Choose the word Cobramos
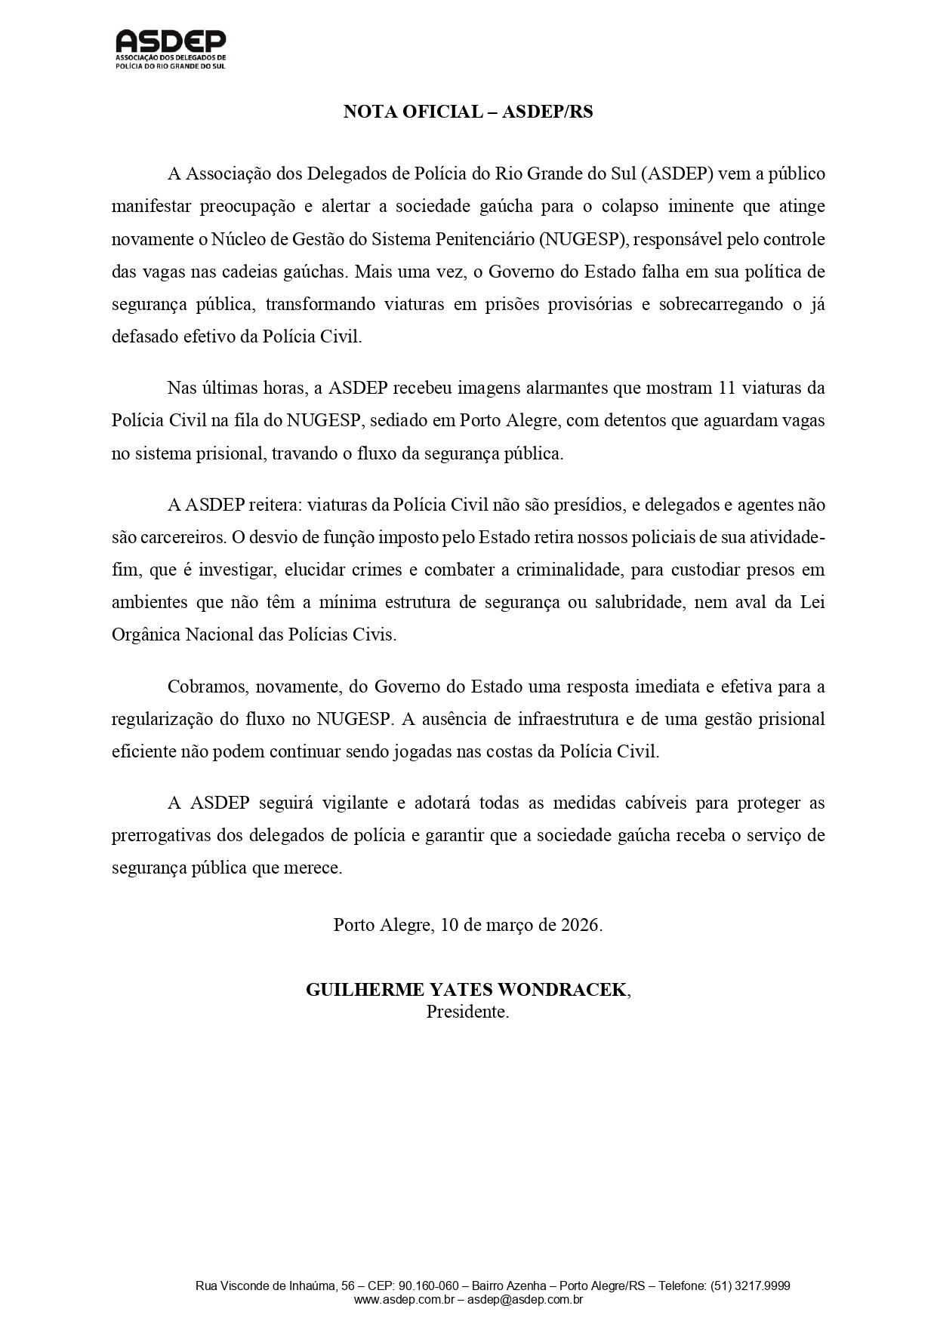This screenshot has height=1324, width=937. pos(207,687)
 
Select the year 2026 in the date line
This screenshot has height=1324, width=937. pos(580,926)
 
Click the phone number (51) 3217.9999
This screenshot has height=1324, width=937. pos(751,1286)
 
